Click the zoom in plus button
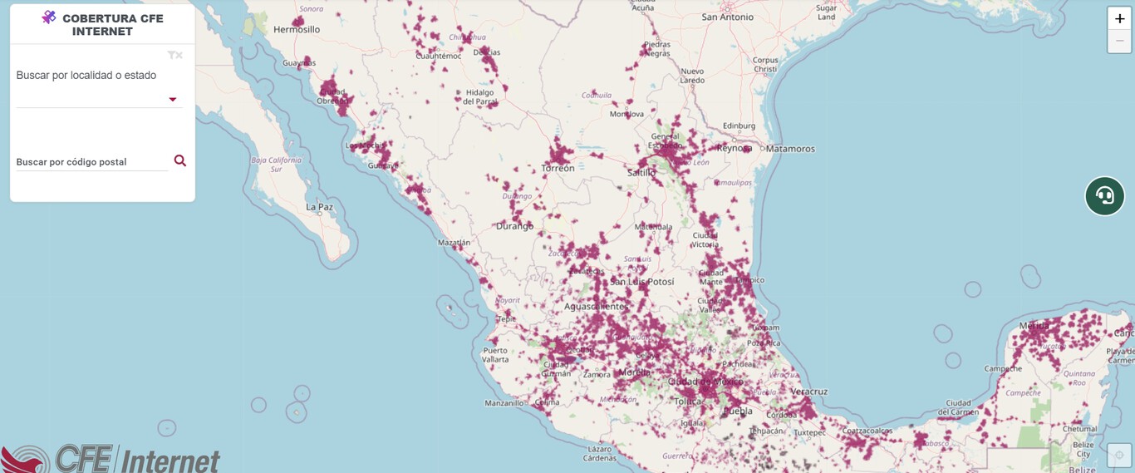pyautogui.click(x=1119, y=18)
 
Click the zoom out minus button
pyautogui.click(x=1119, y=41)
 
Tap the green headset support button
pyautogui.click(x=1104, y=195)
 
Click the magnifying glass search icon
pyautogui.click(x=179, y=160)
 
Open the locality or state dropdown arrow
pyautogui.click(x=173, y=100)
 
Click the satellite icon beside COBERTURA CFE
pyautogui.click(x=49, y=17)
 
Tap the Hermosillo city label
pyautogui.click(x=297, y=29)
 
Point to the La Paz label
pyautogui.click(x=320, y=207)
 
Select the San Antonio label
pyautogui.click(x=727, y=17)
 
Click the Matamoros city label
pyautogui.click(x=790, y=149)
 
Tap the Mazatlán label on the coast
pyautogui.click(x=454, y=243)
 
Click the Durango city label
pyautogui.click(x=514, y=225)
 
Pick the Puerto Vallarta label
pyautogui.click(x=495, y=355)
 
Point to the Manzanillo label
pyautogui.click(x=505, y=403)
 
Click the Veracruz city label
pyautogui.click(x=808, y=391)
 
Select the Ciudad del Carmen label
pyautogui.click(x=959, y=408)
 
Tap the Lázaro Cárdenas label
pyautogui.click(x=599, y=454)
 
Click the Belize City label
pyautogui.click(x=1083, y=450)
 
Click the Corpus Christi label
pyautogui.click(x=765, y=65)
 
